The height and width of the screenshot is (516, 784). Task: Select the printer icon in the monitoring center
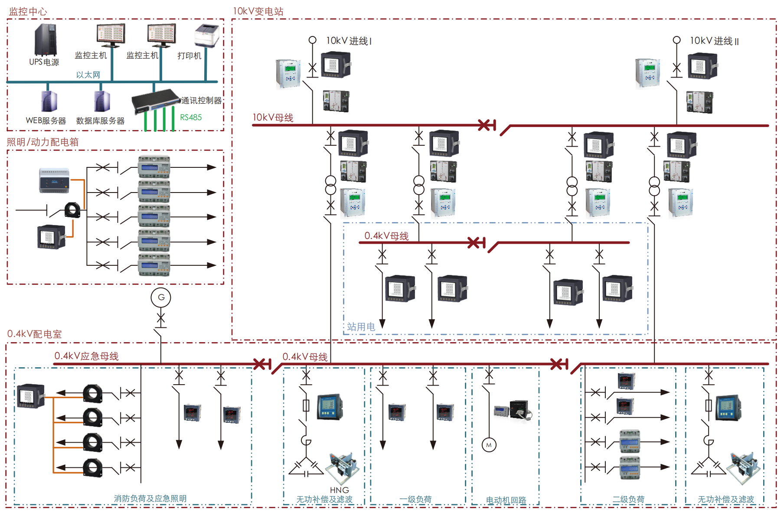pos(207,36)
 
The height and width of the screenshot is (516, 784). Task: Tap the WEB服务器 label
pos(46,121)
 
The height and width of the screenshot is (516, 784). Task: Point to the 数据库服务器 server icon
pos(102,101)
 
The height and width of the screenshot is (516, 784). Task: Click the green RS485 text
pos(191,118)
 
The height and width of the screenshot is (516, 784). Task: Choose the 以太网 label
pos(88,75)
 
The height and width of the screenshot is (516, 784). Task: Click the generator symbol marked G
pos(161,297)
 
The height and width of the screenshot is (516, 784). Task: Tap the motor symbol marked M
pos(489,445)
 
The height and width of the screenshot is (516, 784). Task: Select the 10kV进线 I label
pos(349,41)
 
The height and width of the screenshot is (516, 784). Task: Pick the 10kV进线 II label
pos(714,41)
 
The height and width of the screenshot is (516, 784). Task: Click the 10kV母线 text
pos(273,118)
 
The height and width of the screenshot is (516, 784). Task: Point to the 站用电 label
pos(361,327)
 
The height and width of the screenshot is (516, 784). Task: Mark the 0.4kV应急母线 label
pos(86,356)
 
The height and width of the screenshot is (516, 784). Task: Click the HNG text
pos(339,490)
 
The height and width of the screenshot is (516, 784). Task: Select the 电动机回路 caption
pos(506,500)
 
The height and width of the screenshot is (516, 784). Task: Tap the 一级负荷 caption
pos(415,500)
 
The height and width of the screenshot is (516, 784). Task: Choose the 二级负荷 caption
pos(628,500)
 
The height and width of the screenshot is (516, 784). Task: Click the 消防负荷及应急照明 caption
pos(150,499)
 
